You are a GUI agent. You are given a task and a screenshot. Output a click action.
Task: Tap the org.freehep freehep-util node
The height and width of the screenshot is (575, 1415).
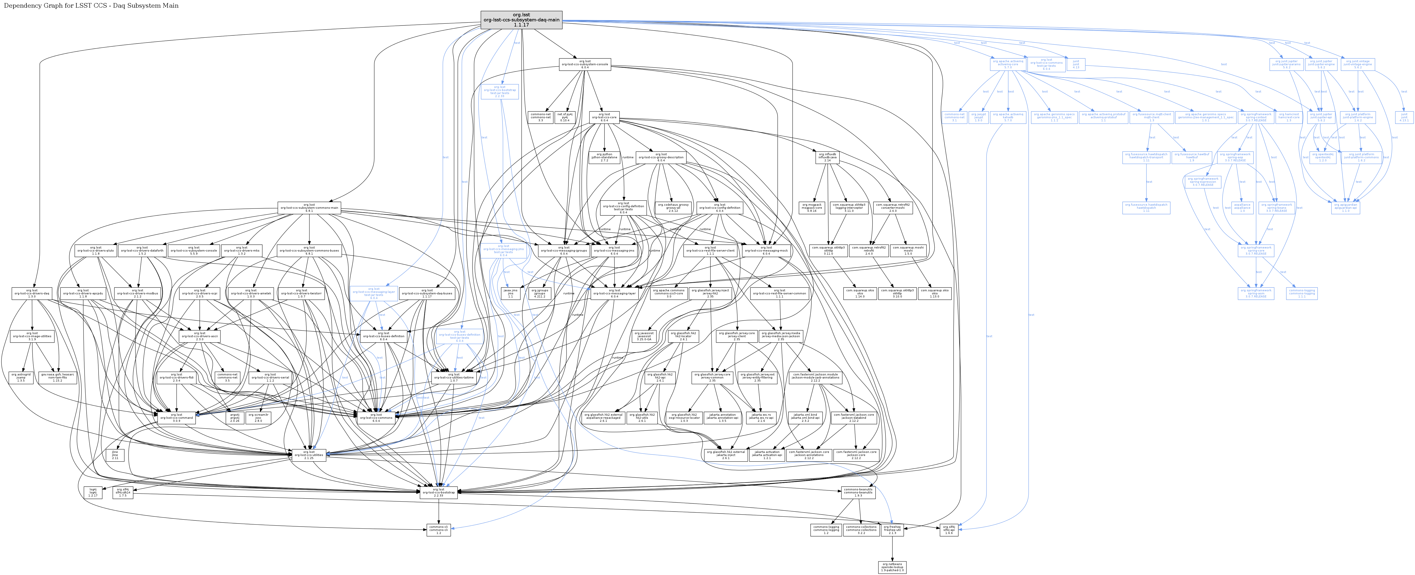coord(892,529)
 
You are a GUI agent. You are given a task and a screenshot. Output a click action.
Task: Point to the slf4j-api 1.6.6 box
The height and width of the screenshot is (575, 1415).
coord(949,529)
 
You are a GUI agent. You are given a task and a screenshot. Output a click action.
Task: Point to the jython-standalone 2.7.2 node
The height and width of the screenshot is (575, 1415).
coord(604,157)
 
